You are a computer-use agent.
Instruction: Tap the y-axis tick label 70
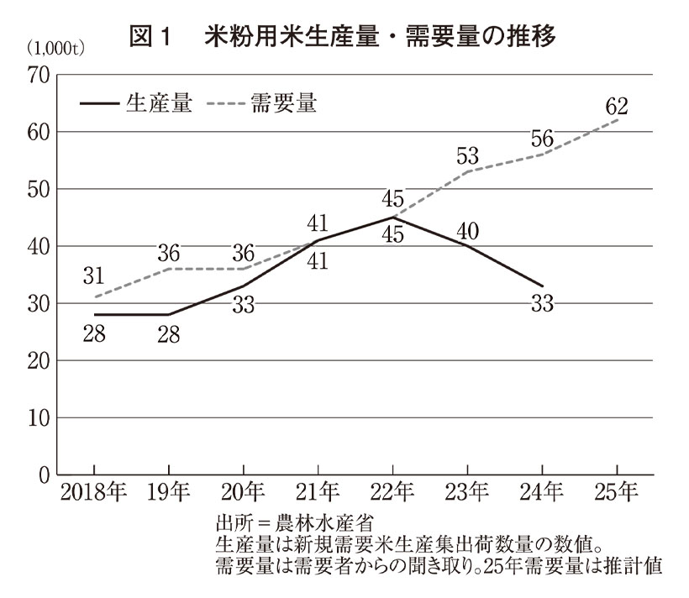coord(39,76)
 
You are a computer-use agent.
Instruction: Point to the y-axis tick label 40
coord(39,247)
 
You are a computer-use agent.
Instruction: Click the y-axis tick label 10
coord(39,418)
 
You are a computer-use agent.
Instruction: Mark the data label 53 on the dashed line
coord(468,155)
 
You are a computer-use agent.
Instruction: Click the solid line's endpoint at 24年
coord(542,286)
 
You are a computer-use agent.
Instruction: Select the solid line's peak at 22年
coord(393,218)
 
